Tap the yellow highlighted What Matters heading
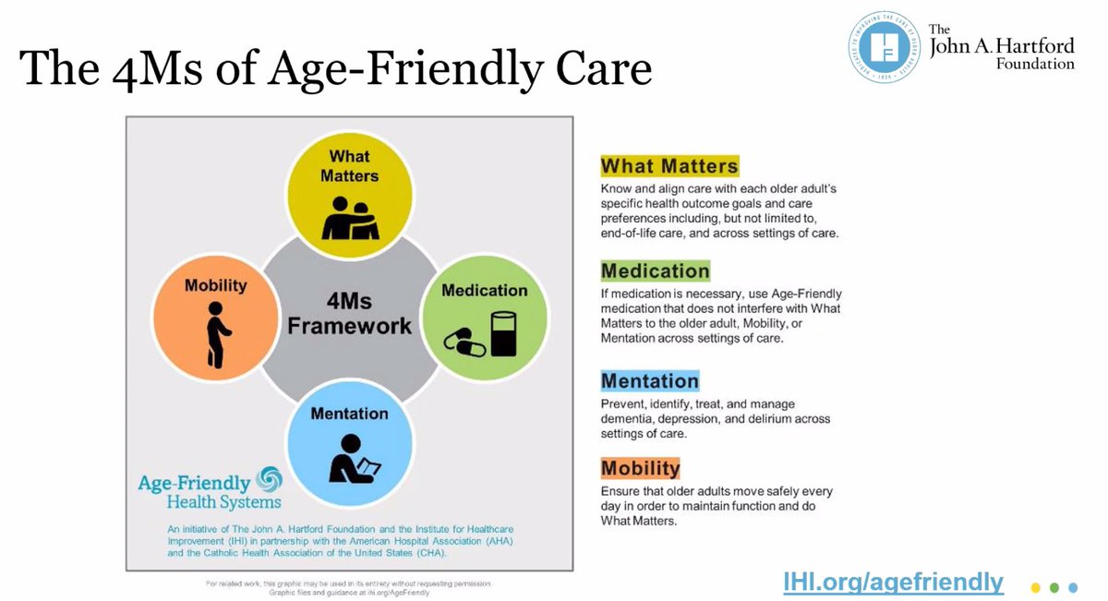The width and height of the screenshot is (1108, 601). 669,166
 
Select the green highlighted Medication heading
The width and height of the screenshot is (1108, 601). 655,271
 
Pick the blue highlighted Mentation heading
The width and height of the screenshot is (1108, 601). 649,380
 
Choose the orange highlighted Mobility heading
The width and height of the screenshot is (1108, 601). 640,467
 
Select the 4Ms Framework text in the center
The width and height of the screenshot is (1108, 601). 349,313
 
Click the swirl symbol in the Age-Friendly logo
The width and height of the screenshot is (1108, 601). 270,480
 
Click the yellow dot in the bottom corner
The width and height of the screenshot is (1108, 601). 1036,586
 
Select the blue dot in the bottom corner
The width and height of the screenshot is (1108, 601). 1072,586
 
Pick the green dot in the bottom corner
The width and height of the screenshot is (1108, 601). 1054,586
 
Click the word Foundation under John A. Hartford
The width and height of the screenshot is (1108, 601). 1035,64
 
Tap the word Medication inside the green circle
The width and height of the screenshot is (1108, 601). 484,291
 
